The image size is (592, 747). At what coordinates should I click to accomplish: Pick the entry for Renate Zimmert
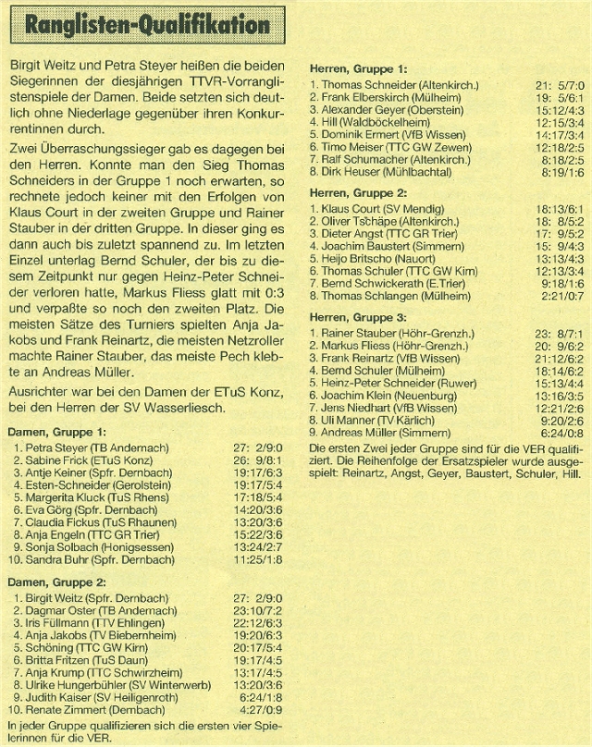(88, 712)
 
